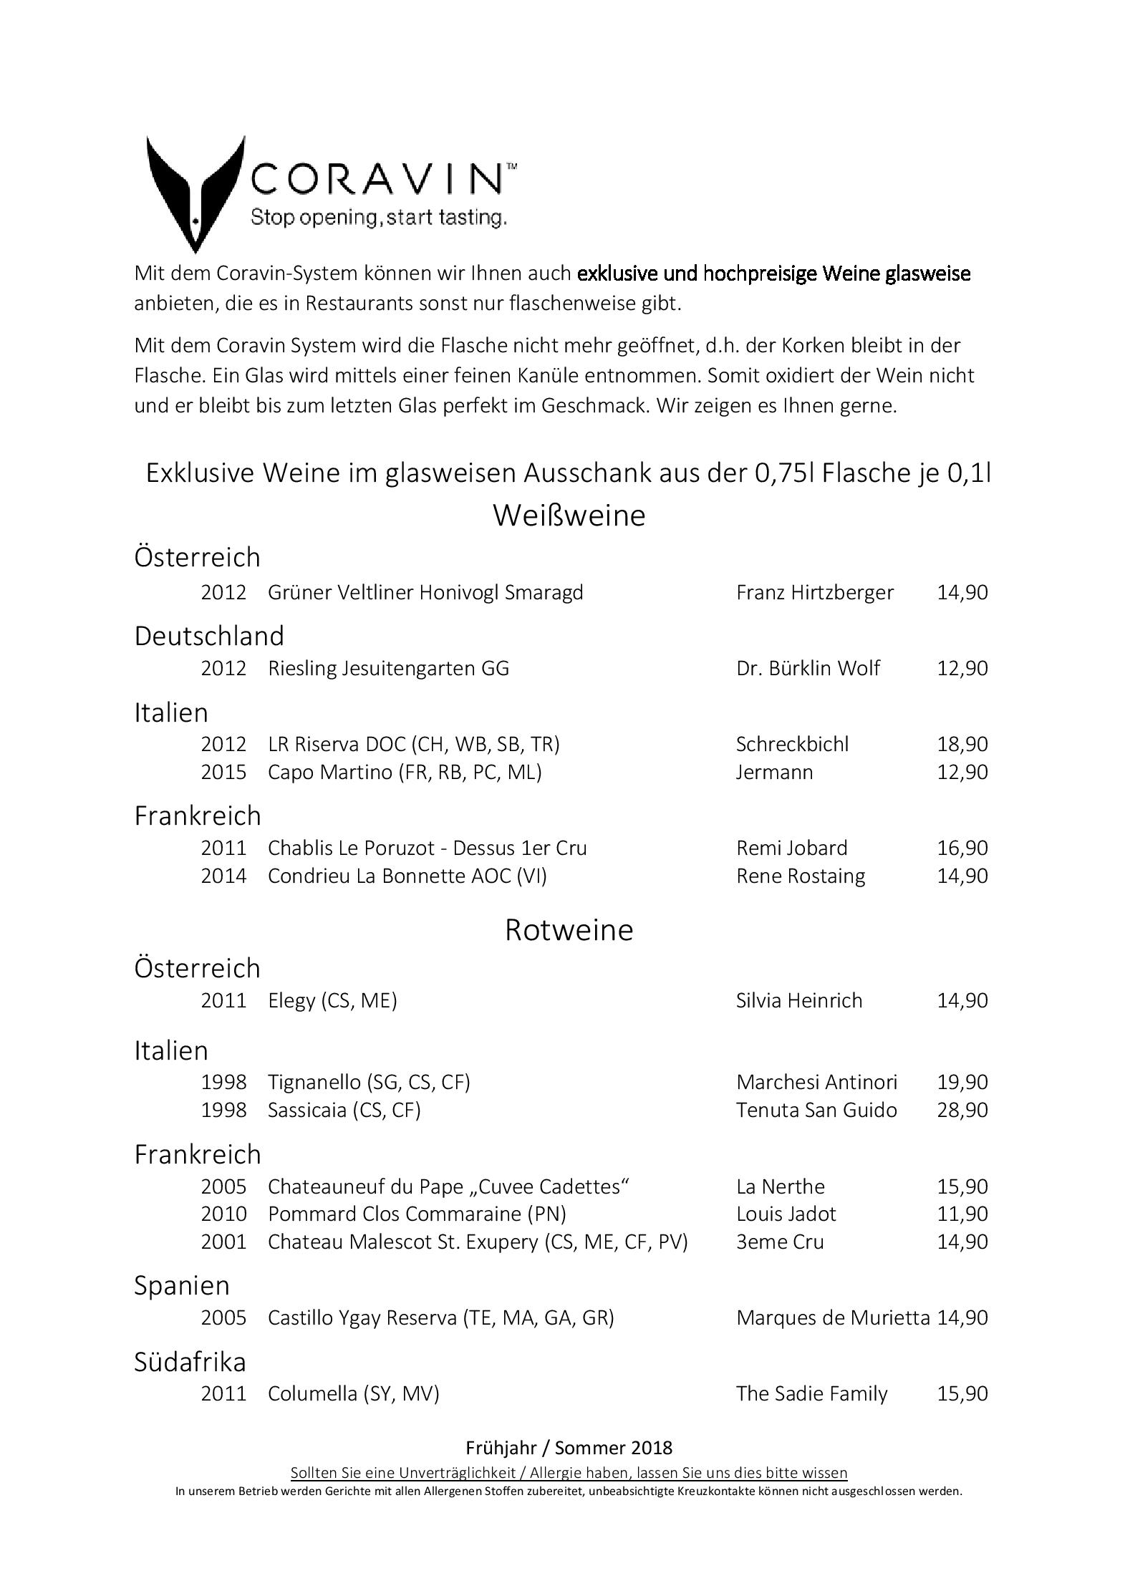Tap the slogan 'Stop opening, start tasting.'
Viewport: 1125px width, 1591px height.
pos(379,217)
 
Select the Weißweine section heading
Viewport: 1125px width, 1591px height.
pos(569,516)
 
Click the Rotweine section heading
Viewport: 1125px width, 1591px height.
pos(569,929)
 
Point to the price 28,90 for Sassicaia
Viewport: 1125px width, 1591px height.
pos(962,1110)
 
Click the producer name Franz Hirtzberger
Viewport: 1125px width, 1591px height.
pos(814,592)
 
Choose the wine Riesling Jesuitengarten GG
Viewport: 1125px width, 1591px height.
pos(388,668)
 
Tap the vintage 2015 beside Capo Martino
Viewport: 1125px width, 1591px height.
pos(223,772)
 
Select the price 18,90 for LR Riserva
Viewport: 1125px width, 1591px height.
pos(962,744)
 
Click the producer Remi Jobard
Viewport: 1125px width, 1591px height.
pos(791,848)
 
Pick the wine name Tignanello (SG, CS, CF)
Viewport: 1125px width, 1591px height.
pos(369,1082)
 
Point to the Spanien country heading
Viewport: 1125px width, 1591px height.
pos(182,1285)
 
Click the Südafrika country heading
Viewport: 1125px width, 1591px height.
pos(190,1361)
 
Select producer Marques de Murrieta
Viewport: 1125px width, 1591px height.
pos(832,1317)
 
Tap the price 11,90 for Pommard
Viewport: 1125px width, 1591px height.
pos(962,1214)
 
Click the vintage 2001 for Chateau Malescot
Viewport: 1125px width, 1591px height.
pos(223,1241)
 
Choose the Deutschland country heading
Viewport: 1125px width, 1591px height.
pos(209,636)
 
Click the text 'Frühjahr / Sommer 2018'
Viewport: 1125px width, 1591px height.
pos(569,1448)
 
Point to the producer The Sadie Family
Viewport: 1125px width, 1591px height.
pos(811,1393)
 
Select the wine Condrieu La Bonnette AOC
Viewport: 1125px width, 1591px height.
pos(407,876)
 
